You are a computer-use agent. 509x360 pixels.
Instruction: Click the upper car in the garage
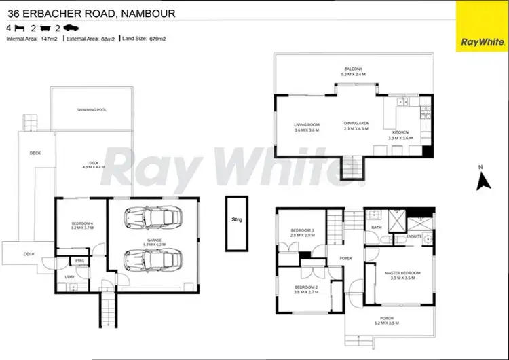click(153, 217)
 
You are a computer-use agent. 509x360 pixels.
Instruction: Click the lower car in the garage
click(153, 259)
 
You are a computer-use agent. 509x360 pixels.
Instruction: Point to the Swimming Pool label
click(92, 109)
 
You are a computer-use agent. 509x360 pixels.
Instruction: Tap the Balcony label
click(353, 69)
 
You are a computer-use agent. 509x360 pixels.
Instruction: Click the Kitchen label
click(401, 134)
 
